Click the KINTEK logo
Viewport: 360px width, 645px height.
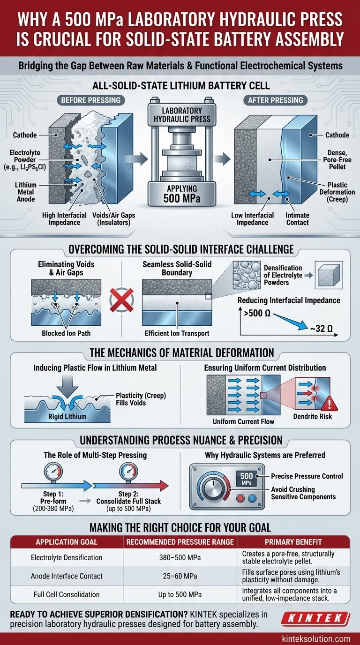(315, 618)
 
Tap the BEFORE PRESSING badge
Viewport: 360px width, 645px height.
(91, 100)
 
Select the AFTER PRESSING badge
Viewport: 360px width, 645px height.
(275, 100)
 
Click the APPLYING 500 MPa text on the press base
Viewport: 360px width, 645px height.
(182, 194)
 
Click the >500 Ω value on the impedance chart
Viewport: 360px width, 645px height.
(257, 313)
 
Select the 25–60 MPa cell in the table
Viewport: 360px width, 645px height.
(180, 576)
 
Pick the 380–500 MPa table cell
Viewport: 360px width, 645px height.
(180, 557)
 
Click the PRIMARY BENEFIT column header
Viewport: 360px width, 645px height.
(293, 542)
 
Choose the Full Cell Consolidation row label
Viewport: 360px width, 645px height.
(67, 594)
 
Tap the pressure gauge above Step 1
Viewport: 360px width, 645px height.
(53, 471)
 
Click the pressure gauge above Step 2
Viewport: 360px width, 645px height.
(128, 471)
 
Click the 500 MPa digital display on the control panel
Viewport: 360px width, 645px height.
(247, 478)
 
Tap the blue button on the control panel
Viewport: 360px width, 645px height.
(252, 498)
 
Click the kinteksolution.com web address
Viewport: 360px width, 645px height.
(316, 638)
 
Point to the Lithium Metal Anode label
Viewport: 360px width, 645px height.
(26, 192)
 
